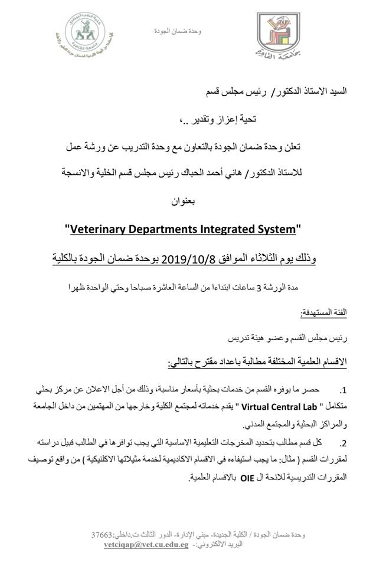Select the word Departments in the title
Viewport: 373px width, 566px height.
click(x=168, y=228)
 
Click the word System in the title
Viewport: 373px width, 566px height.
click(x=280, y=228)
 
